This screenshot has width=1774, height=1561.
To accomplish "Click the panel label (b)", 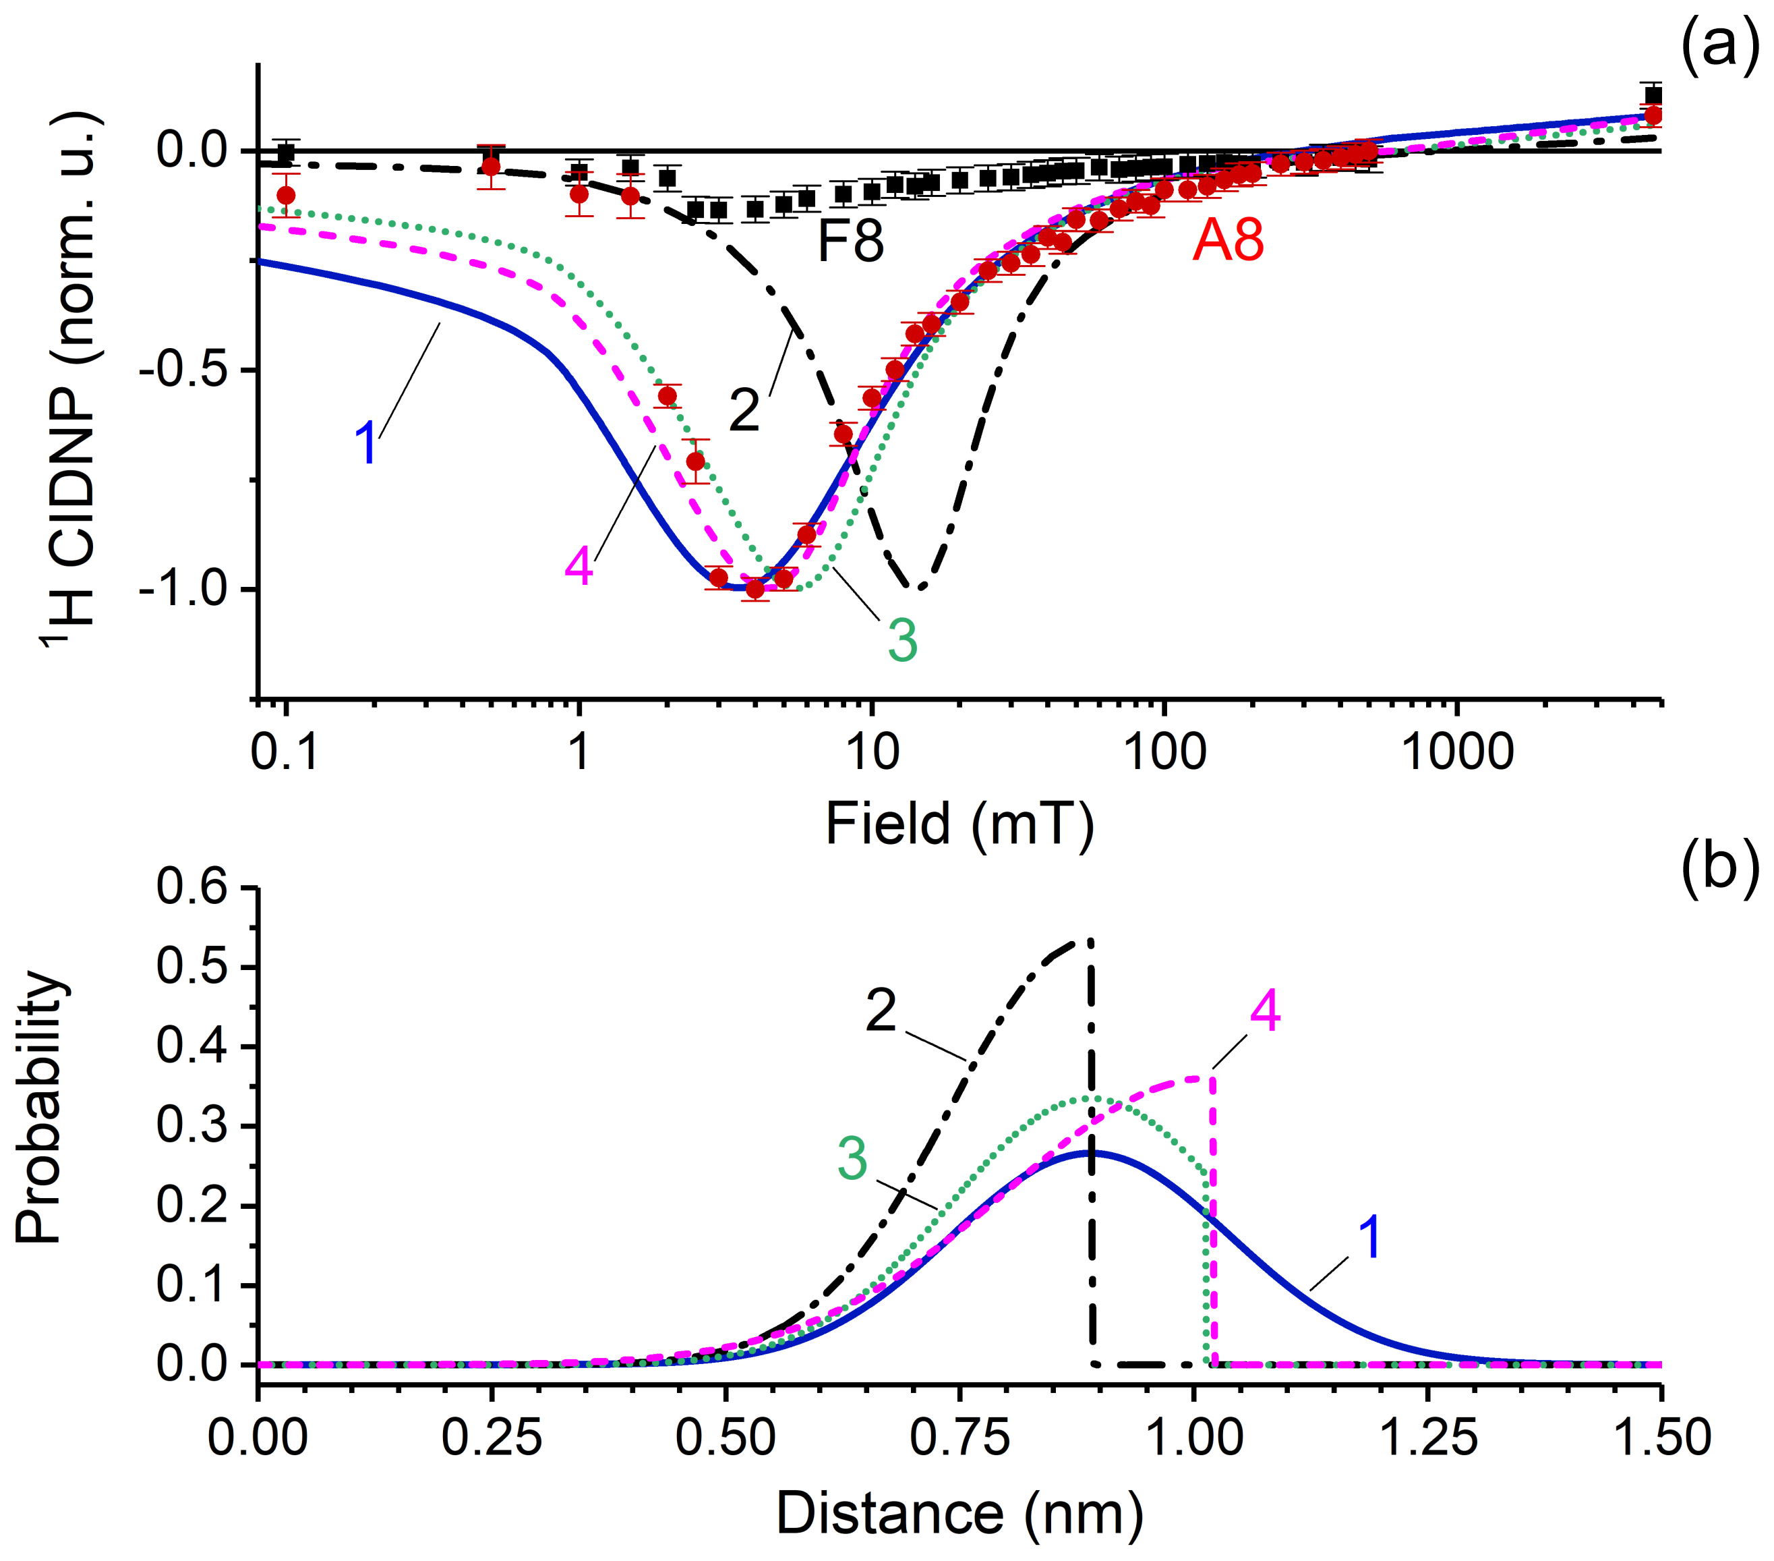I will click(1719, 866).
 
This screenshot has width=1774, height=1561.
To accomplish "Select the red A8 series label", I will click(1227, 240).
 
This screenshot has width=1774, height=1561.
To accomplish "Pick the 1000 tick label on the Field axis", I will click(1457, 752).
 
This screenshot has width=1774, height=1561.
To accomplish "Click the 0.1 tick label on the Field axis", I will click(285, 752).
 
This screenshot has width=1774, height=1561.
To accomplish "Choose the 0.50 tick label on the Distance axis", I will click(726, 1438).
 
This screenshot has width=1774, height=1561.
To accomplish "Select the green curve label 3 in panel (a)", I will click(903, 641).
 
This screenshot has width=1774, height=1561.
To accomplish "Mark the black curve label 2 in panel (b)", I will click(881, 1011).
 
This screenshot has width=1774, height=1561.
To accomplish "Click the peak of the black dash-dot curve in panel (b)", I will click(1088, 940).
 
